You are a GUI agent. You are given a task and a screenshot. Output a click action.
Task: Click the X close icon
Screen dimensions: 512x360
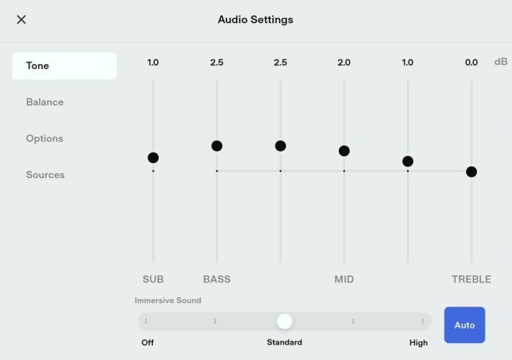[21, 20]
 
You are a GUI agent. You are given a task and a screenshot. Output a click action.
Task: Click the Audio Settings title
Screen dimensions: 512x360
[255, 20]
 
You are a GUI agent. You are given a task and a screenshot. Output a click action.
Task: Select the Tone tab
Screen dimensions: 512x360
[64, 66]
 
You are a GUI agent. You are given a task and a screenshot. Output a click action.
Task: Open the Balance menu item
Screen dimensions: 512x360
[44, 102]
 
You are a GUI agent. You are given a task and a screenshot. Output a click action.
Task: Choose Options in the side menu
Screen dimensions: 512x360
[44, 138]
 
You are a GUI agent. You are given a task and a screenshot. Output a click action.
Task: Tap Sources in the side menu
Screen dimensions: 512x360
[45, 175]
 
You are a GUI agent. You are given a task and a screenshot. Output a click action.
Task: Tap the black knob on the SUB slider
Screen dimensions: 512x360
[153, 158]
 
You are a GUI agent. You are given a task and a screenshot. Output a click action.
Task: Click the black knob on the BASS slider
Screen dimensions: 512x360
[217, 146]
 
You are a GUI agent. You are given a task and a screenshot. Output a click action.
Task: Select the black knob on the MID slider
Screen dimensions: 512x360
[344, 151]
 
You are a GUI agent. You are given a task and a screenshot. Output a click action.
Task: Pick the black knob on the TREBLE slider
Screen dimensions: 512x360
[472, 171]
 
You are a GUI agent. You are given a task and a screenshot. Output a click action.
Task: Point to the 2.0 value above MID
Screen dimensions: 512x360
[344, 62]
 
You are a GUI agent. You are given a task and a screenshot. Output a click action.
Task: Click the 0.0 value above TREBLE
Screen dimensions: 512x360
[471, 62]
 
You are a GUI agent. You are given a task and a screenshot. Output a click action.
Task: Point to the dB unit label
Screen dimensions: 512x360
[501, 61]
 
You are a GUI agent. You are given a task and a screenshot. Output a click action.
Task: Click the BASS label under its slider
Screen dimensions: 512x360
[217, 279]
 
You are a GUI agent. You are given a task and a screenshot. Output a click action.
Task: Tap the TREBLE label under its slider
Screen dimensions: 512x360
[471, 279]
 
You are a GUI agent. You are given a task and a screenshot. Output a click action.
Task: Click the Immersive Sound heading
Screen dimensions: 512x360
[168, 300]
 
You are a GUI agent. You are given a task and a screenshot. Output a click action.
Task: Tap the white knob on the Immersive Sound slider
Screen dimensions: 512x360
[284, 322]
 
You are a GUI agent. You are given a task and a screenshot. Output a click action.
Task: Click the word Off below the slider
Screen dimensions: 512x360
[148, 342]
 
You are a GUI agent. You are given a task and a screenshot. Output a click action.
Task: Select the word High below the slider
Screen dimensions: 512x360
[419, 343]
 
